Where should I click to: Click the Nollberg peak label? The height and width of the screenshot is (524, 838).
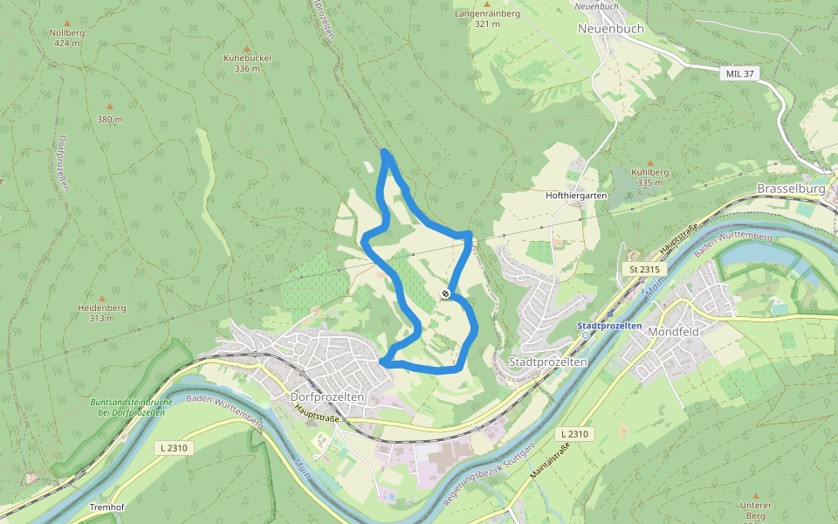click(67, 32)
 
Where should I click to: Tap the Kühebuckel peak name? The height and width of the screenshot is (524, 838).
click(247, 58)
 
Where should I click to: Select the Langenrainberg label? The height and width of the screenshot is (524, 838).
click(487, 14)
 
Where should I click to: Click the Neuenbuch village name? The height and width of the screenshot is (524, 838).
click(611, 28)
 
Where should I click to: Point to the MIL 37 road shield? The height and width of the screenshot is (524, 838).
click(738, 73)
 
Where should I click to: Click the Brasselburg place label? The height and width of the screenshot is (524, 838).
click(791, 189)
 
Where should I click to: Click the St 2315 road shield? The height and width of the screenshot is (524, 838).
click(644, 270)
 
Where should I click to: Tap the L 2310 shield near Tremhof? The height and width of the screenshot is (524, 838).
click(174, 448)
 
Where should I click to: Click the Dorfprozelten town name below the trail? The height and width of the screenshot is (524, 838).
click(326, 396)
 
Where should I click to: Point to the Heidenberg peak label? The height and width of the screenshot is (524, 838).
click(102, 308)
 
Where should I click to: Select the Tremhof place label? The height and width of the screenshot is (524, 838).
click(108, 507)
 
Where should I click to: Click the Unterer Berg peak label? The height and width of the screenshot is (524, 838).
click(755, 506)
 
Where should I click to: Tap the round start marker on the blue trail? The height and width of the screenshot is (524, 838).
click(445, 294)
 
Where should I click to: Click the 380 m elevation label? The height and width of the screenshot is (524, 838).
click(110, 119)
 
